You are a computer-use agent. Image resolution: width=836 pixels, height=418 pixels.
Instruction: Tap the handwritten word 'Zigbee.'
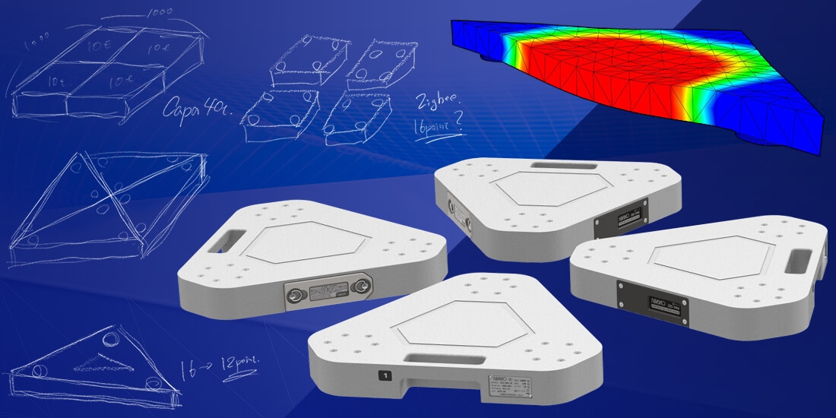point(438,103)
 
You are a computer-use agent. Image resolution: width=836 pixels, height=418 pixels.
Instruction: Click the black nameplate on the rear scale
point(620,216)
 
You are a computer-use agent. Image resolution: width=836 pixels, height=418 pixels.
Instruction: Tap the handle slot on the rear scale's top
point(553,165)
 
